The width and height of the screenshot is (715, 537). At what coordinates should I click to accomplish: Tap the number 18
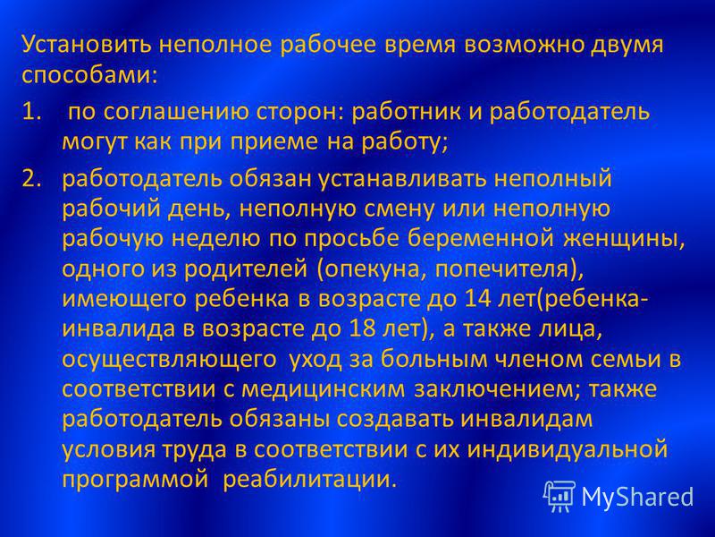click(x=363, y=329)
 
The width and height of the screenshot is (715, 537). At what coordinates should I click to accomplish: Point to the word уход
click(x=315, y=361)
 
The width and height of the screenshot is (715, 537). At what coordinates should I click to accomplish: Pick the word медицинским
click(x=323, y=390)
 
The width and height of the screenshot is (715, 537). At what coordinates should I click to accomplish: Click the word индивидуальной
click(x=568, y=450)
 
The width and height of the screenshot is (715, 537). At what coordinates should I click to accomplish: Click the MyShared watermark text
click(x=637, y=497)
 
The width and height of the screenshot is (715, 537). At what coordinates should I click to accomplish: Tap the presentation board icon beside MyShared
click(x=559, y=495)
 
